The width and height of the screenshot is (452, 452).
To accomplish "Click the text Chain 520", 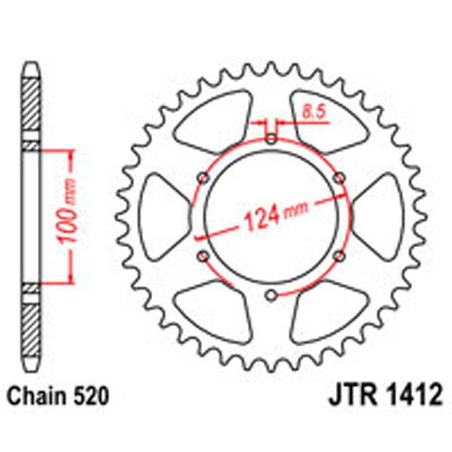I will tap(60, 394).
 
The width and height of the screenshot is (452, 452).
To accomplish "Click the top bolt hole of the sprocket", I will tap(271, 138).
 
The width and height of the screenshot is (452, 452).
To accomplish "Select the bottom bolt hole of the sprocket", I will tap(271, 294).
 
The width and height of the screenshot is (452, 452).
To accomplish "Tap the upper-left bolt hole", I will tap(203, 177).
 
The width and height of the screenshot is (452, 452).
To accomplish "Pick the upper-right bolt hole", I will tap(339, 177).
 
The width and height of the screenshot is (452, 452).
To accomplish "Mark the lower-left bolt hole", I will tap(203, 256).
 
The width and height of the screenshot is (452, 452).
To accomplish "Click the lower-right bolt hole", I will tap(339, 256).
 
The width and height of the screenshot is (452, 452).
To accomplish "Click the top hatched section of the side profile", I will tap(29, 105).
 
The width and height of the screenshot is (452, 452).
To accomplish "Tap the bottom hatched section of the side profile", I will tap(29, 328).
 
